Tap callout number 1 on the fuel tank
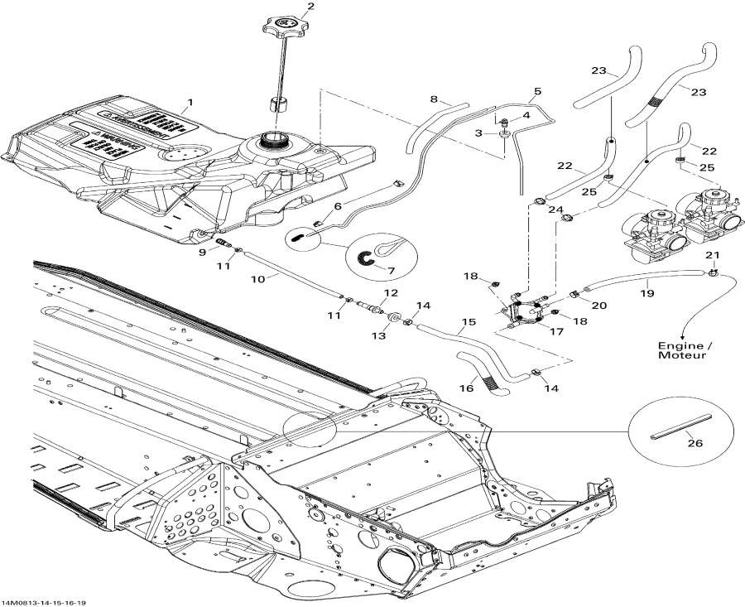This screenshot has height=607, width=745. (189, 103)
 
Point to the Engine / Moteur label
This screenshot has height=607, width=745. (682, 350)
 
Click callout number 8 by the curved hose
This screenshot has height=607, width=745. (433, 100)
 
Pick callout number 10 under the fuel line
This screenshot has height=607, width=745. (257, 279)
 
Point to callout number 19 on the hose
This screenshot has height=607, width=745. (648, 293)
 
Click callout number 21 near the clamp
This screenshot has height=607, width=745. (712, 255)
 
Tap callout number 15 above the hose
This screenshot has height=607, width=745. (469, 320)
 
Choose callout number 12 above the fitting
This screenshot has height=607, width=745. (391, 293)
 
